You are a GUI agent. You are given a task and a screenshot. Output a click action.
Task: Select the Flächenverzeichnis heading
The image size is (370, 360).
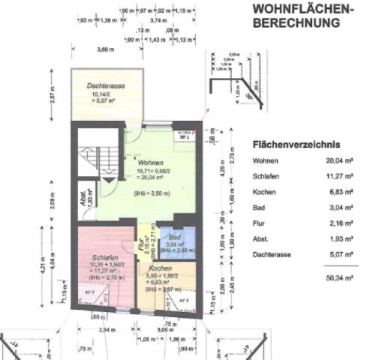296,145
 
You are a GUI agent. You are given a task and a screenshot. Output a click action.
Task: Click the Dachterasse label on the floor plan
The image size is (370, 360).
104,87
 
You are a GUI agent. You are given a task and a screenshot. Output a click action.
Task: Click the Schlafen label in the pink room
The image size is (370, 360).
95,256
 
